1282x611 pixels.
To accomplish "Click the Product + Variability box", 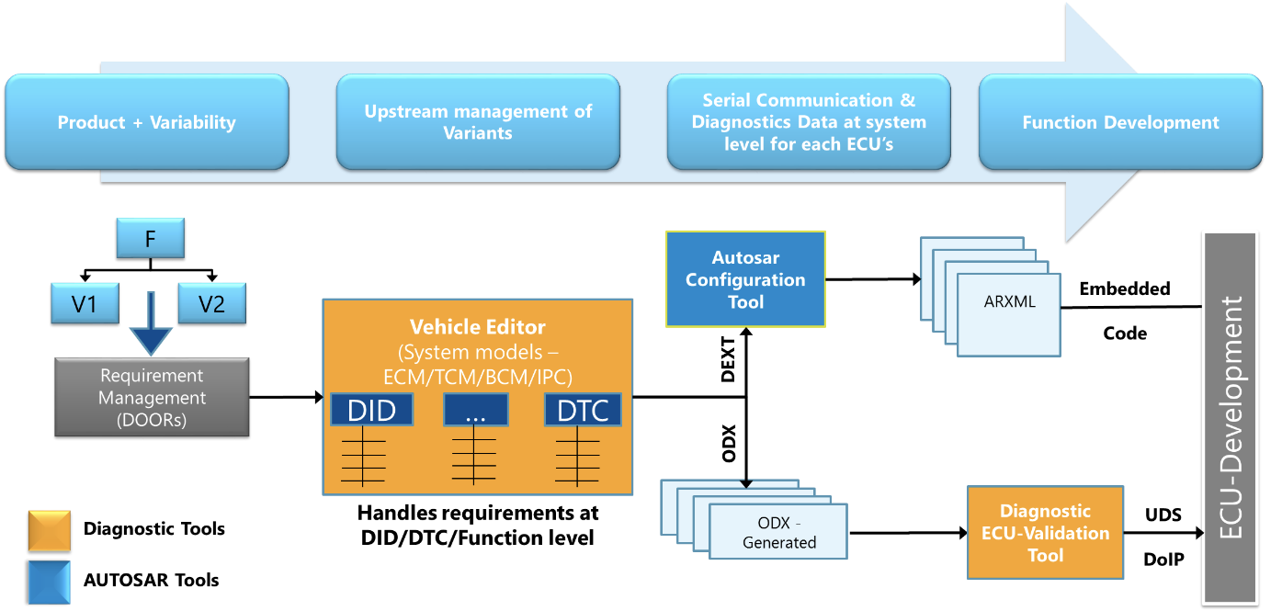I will click(147, 122).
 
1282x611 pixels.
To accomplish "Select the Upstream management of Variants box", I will click(478, 122).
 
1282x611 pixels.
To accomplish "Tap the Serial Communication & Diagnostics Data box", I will click(809, 122).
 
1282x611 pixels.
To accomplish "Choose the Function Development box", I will click(1120, 122).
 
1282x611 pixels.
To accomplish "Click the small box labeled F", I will click(150, 238).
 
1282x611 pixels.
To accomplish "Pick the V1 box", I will click(85, 303).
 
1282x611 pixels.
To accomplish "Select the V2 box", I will click(211, 303).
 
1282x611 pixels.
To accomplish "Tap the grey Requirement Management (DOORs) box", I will click(152, 397).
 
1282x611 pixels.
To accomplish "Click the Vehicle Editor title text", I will click(477, 327).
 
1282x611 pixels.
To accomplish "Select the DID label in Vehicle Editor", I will click(371, 410).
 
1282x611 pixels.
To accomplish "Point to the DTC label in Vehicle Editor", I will click(583, 410).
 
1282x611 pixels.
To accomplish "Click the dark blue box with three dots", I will click(475, 410).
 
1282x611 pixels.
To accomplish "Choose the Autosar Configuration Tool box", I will click(745, 279).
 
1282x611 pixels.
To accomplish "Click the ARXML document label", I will click(1008, 301).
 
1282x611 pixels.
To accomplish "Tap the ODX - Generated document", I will click(778, 532).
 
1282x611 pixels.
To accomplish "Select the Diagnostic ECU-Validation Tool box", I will click(1045, 533).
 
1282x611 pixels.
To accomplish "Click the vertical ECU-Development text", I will click(1231, 418).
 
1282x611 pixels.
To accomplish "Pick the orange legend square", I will click(50, 531).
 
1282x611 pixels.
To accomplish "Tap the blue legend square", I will click(50, 583).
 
